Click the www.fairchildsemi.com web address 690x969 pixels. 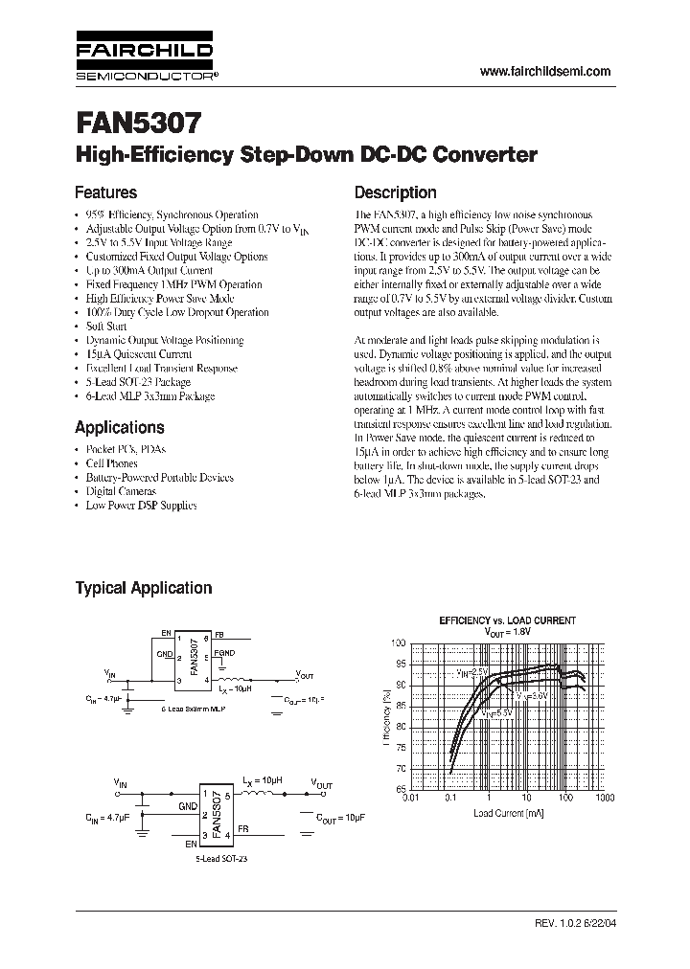point(544,72)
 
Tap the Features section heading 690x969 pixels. point(106,192)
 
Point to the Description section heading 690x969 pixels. point(396,192)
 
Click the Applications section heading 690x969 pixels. point(120,427)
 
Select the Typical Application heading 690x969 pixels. point(144,588)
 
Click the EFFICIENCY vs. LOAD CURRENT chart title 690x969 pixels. point(507,620)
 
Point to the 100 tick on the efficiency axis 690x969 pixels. point(398,642)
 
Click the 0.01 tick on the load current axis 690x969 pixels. point(411,797)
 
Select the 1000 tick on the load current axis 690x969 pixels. point(604,797)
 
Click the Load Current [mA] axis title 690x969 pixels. point(508,813)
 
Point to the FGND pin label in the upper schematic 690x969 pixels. point(224,652)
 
